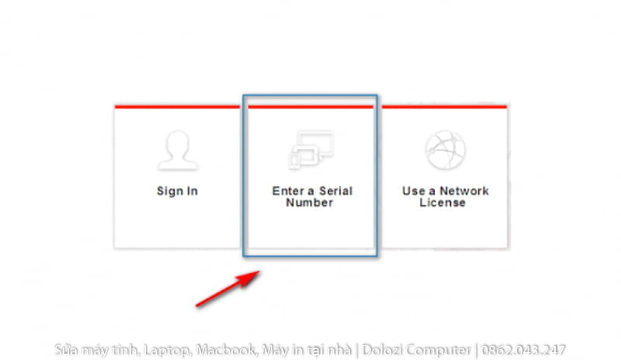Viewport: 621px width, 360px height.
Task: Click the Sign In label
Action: coord(177,191)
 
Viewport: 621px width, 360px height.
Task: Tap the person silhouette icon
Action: coord(178,151)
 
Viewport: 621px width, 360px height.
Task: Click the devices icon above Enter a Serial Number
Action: coord(311,151)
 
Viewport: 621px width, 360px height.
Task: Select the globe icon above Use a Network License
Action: coord(446,150)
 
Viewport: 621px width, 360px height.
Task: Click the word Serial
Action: coord(336,191)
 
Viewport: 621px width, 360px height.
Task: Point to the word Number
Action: coord(310,202)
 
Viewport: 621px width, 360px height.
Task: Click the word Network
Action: coord(464,191)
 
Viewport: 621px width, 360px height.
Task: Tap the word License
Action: coord(442,202)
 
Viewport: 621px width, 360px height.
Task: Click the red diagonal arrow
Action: coord(227,289)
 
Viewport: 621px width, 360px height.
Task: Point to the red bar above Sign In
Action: coord(177,106)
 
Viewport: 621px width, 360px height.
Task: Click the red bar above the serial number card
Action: coord(310,106)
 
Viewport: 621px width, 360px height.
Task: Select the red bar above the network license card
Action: coord(444,106)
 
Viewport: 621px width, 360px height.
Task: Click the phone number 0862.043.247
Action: coord(523,350)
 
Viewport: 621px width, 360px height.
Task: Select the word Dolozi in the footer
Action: coord(382,350)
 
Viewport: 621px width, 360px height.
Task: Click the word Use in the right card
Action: coord(412,191)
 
